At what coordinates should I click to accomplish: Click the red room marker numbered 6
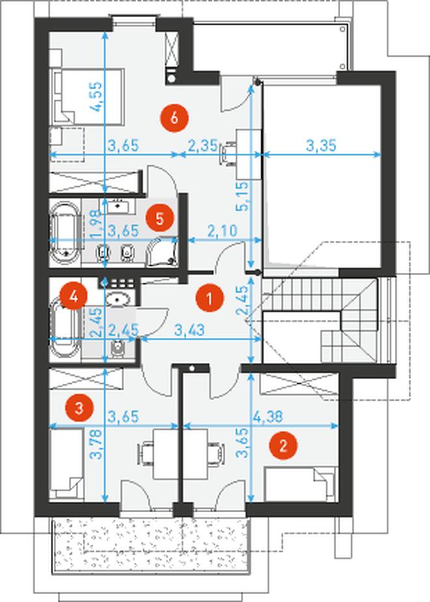pos(175,118)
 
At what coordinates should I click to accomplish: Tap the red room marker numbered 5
pos(160,218)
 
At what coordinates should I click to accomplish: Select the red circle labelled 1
pos(210,298)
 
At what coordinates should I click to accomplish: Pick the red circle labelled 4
pos(74,296)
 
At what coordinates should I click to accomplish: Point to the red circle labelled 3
pos(79,407)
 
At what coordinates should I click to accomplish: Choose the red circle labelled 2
pos(283,446)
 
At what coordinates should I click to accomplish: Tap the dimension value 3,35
pos(321,145)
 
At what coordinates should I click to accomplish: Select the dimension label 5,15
pos(242,196)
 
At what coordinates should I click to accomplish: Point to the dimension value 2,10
pos(222,231)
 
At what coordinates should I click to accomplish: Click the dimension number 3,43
pos(190,330)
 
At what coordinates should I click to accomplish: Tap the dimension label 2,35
pos(203,146)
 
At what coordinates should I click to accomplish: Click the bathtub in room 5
pos(65,233)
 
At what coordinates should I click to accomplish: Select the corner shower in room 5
pos(162,251)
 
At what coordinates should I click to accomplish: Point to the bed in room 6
pos(87,96)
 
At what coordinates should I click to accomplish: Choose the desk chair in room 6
pos(228,154)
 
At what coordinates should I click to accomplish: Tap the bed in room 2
pos(300,483)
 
